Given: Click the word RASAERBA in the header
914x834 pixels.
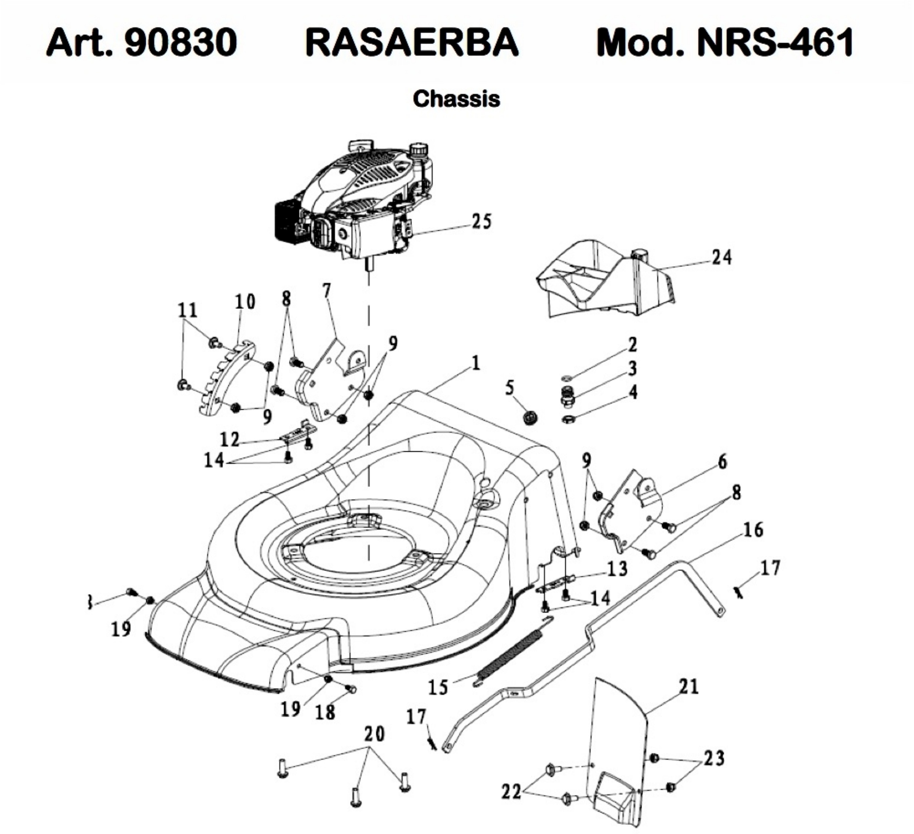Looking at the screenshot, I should tap(412, 42).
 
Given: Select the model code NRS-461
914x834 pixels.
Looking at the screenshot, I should tap(775, 42).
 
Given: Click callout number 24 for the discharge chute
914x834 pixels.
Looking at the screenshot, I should tap(721, 258).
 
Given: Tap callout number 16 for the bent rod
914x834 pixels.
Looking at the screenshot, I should tap(753, 530).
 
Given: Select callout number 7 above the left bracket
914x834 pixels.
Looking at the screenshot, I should tap(327, 290).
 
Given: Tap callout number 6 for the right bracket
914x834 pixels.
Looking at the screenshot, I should tap(722, 462).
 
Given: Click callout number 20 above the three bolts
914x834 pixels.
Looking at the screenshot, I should tap(375, 734).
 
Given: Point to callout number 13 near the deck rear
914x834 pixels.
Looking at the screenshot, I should tap(617, 568).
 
